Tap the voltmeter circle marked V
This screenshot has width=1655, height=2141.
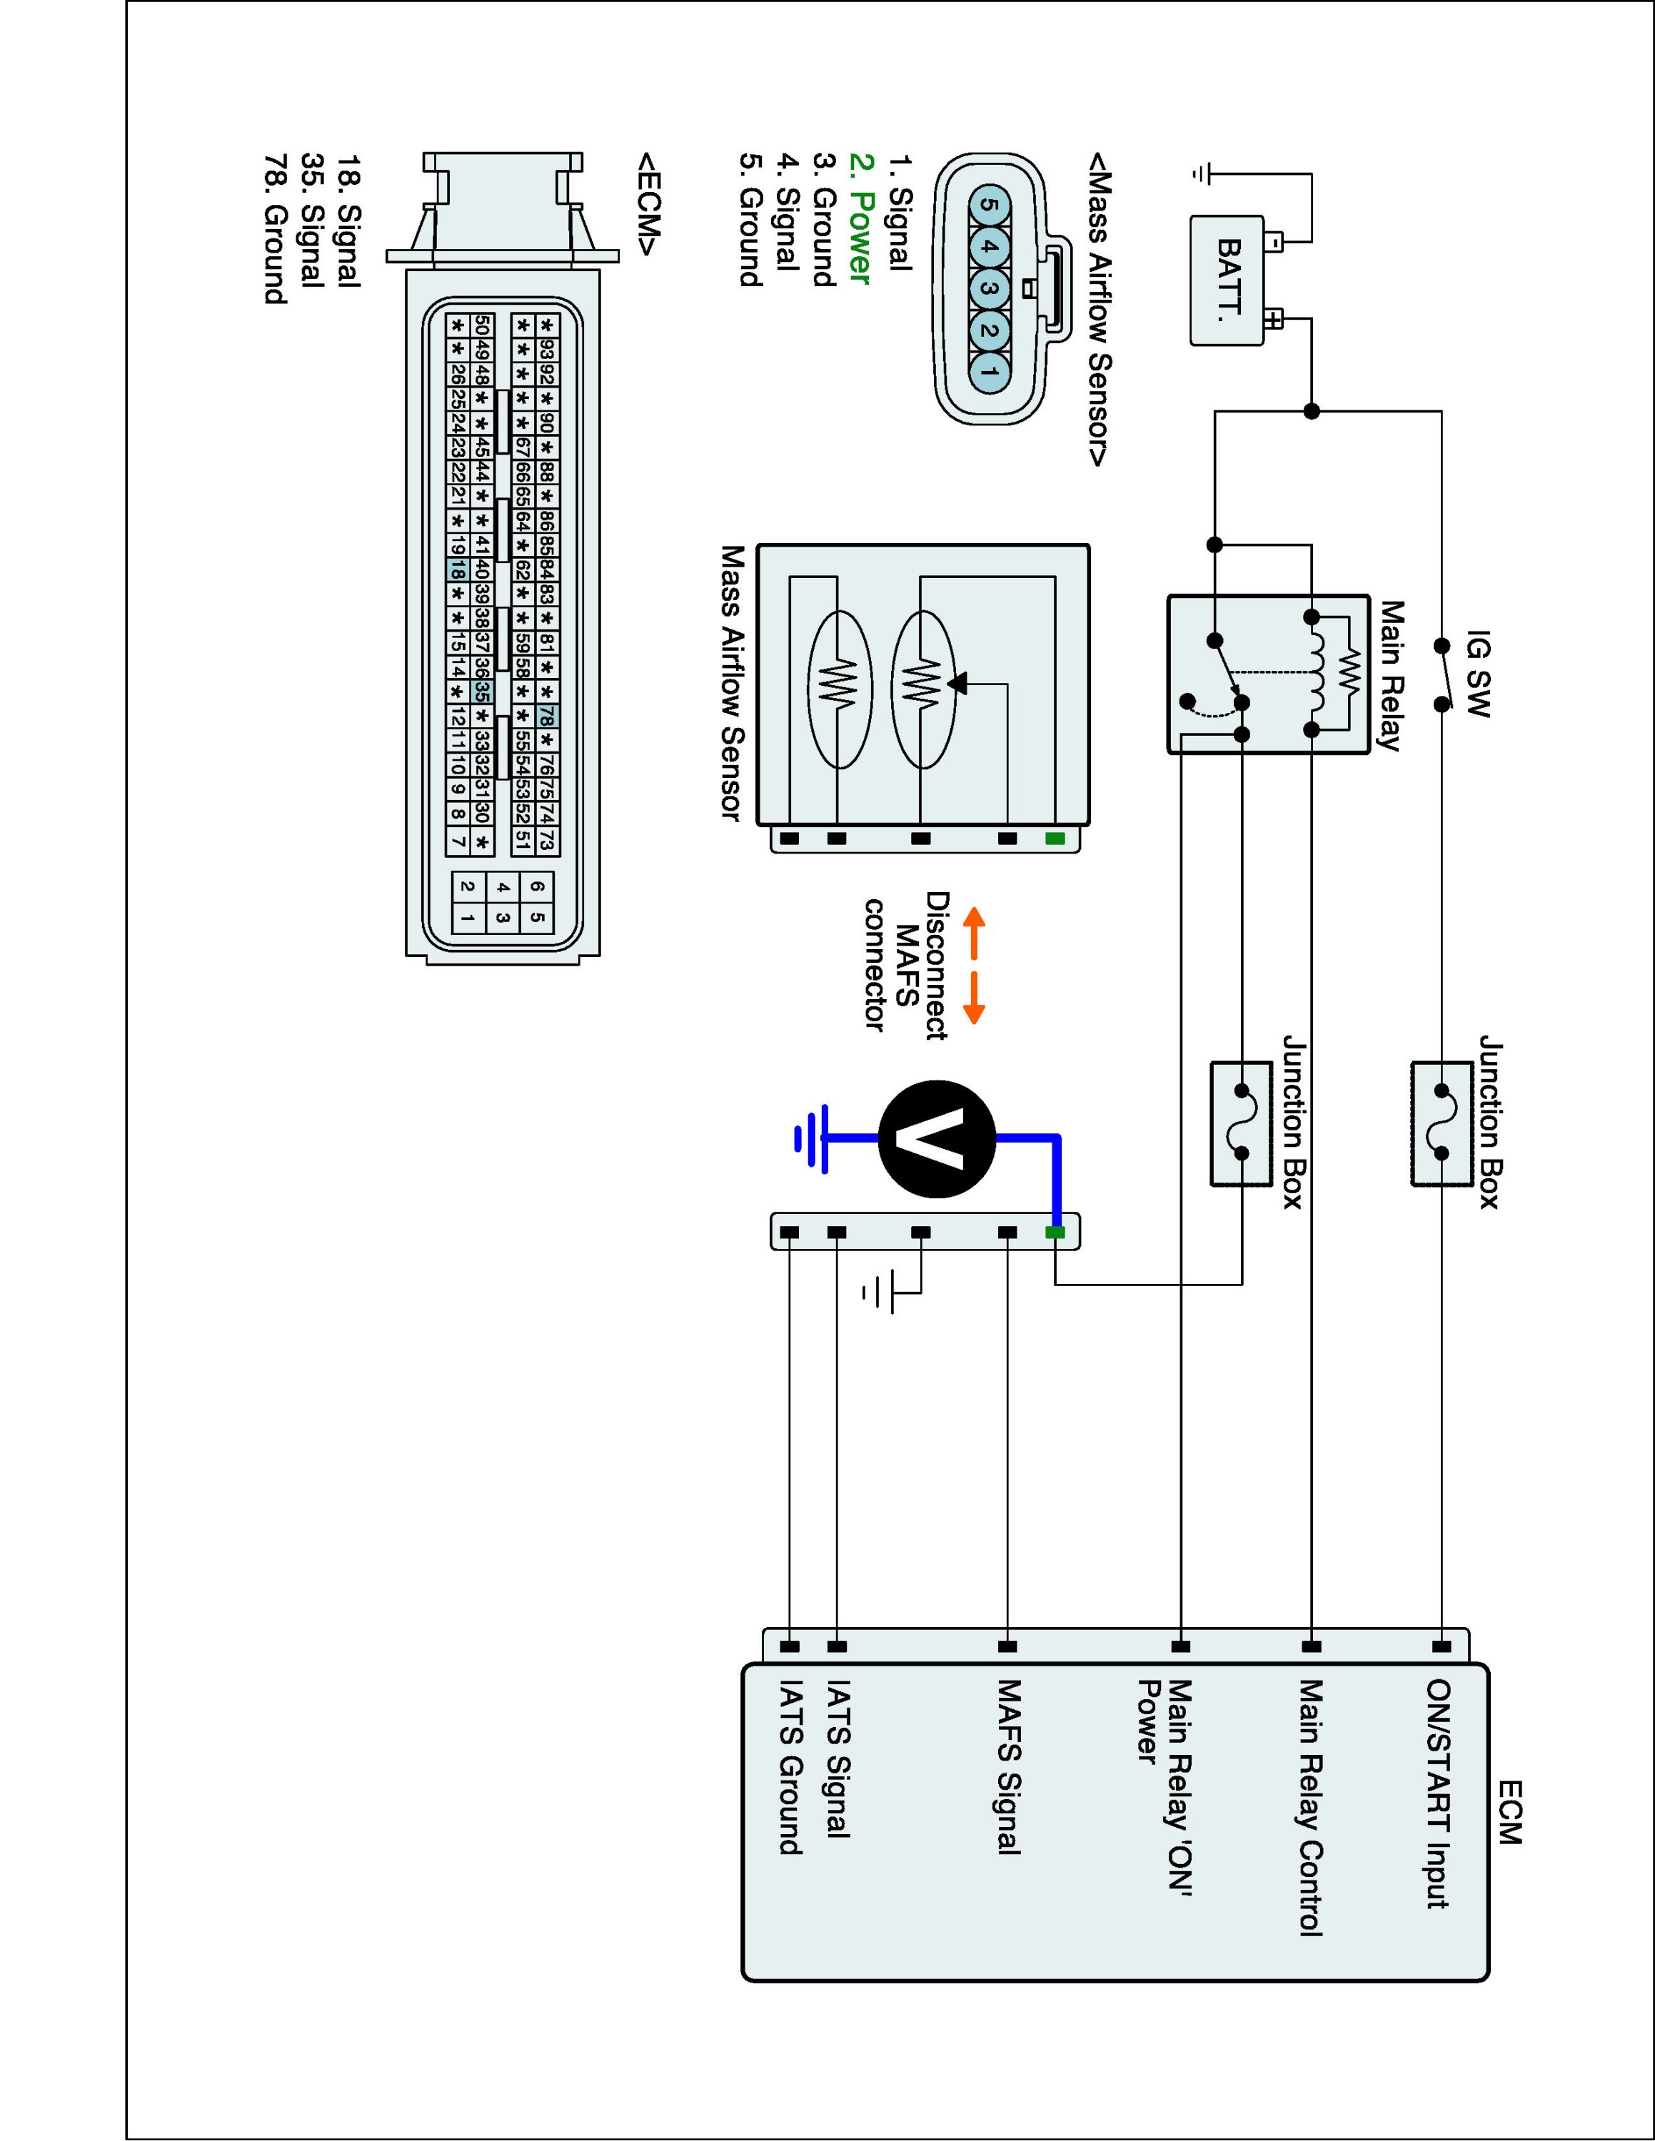coord(937,1139)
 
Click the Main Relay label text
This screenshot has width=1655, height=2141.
coord(1390,677)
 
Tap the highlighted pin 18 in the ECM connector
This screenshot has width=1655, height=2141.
coord(456,569)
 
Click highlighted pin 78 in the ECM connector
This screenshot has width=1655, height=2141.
coord(547,716)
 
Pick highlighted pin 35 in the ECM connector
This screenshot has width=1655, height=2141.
coord(481,691)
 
